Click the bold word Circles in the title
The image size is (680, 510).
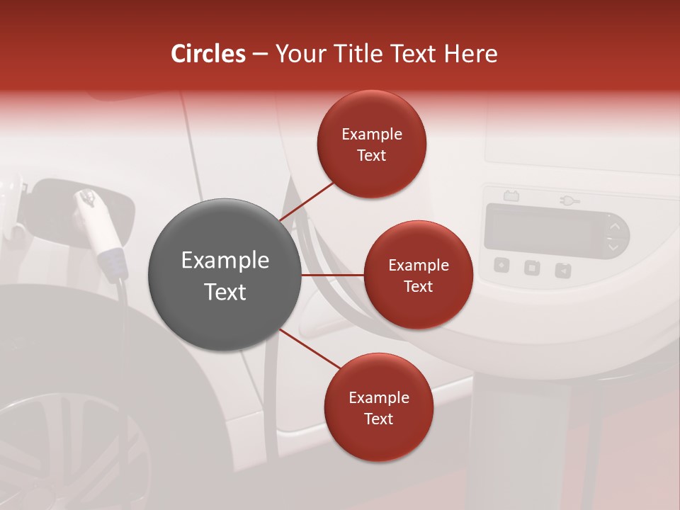click(x=208, y=54)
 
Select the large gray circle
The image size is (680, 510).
click(x=225, y=275)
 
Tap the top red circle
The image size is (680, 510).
click(x=372, y=144)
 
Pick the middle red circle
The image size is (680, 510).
click(x=418, y=275)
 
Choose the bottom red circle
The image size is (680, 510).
click(x=378, y=407)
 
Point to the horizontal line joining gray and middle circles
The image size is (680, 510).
click(x=332, y=275)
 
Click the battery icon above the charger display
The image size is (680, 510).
click(x=510, y=196)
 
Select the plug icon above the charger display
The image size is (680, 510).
click(x=569, y=201)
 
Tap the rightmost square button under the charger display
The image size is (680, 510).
click(x=563, y=269)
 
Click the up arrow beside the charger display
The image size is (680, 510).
click(x=615, y=227)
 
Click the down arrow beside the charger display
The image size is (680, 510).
click(x=614, y=247)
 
